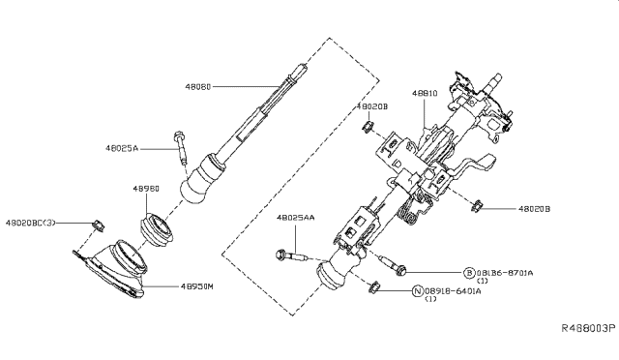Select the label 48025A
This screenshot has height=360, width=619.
[123, 149]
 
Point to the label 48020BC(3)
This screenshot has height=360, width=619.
[31, 224]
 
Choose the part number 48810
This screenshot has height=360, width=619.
[426, 93]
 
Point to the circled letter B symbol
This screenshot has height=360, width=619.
[468, 274]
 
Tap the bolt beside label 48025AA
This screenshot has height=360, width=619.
[288, 257]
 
